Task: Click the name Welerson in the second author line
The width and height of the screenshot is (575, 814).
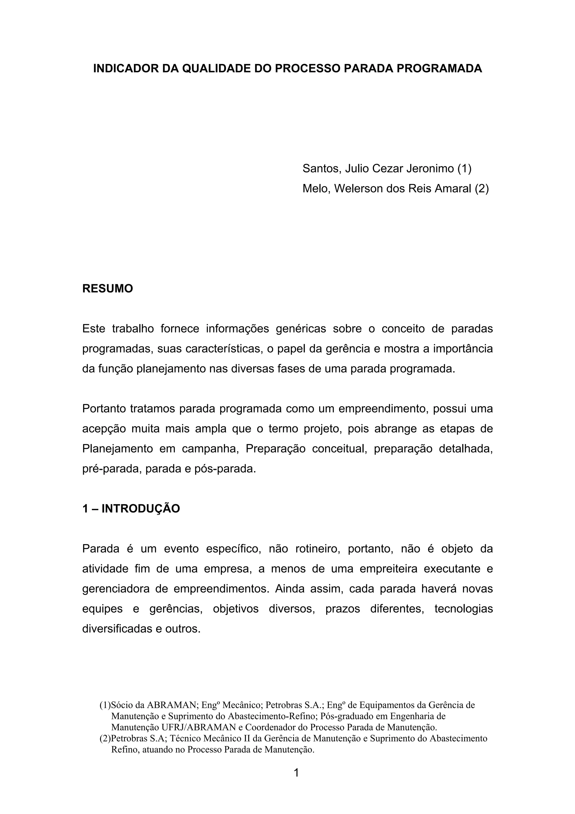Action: click(x=357, y=188)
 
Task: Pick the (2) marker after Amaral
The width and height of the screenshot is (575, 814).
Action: click(x=482, y=188)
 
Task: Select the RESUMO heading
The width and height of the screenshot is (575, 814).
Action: click(x=108, y=288)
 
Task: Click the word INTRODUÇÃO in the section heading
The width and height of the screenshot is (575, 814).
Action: click(x=141, y=509)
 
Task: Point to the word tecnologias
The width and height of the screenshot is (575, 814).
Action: click(x=464, y=609)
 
